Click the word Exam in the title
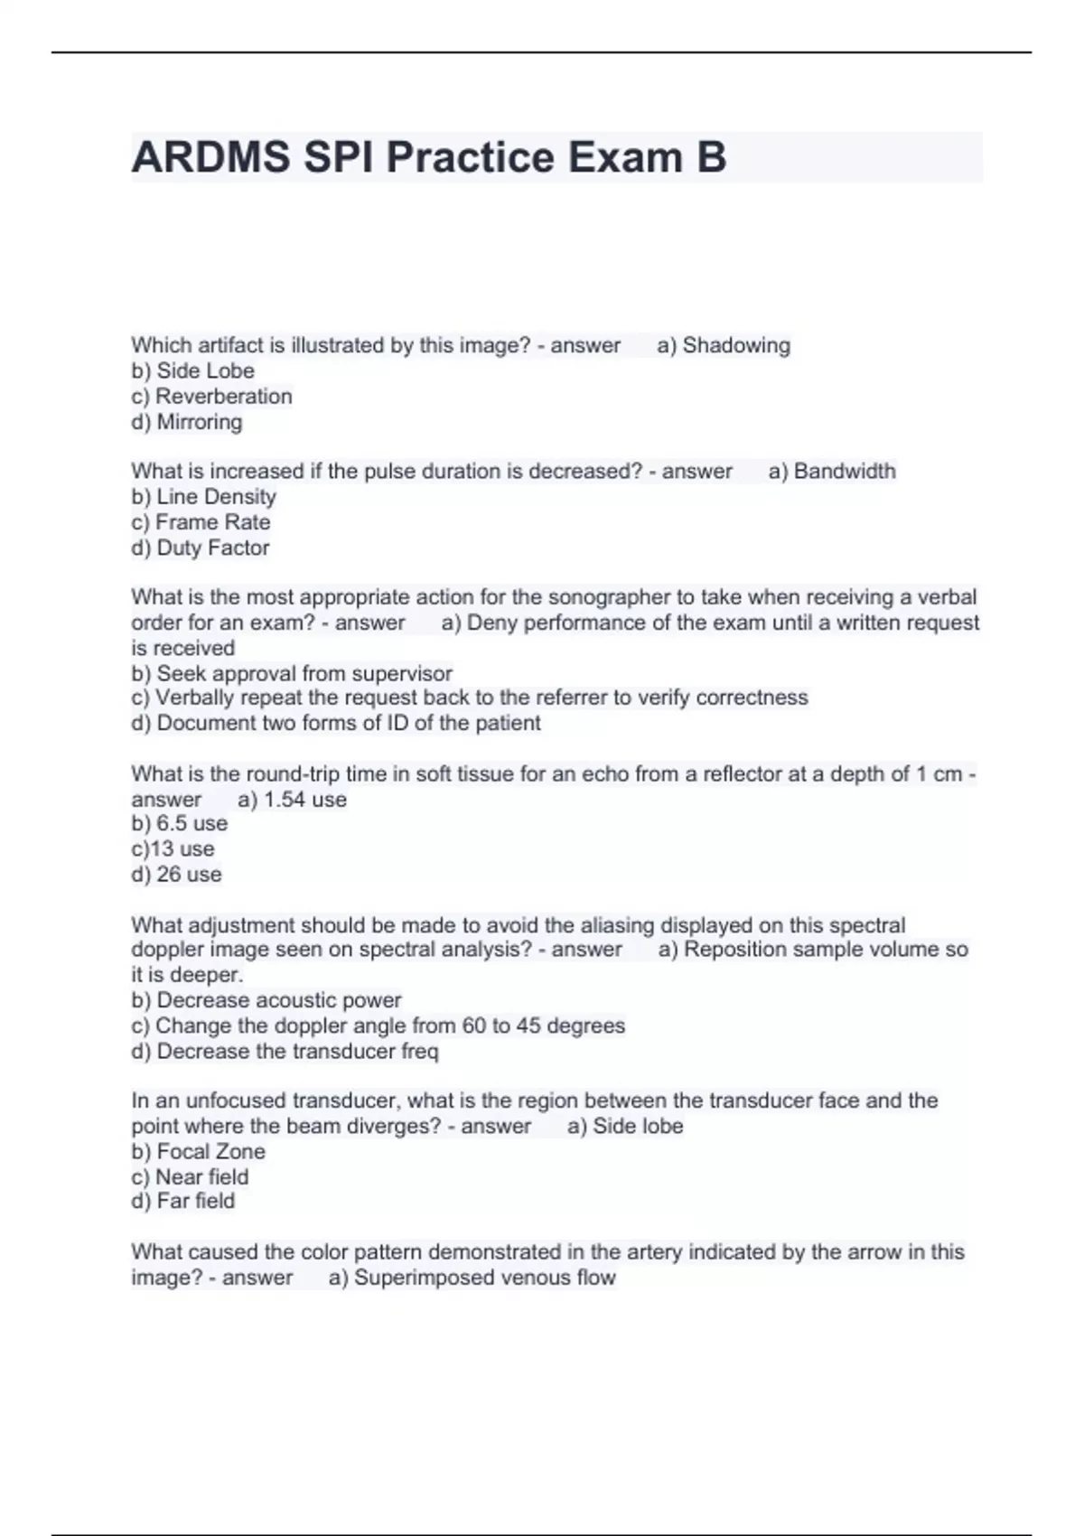coord(623,157)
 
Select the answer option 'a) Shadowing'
coord(724,345)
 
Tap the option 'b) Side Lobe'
coord(192,370)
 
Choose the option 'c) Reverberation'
coord(211,396)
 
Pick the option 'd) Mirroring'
coord(187,422)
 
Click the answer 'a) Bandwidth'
coord(832,471)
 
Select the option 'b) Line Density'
coord(203,496)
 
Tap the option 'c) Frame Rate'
coord(201,522)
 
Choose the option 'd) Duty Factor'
coord(201,548)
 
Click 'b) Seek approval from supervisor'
coord(292,673)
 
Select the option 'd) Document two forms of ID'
coord(336,723)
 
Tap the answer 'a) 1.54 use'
coord(292,800)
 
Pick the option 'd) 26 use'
coord(176,875)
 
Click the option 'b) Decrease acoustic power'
coord(266,1000)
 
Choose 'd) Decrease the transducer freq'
coord(285,1051)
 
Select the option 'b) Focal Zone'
coord(198,1151)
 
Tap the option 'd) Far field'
coord(182,1201)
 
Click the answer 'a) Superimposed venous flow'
coord(472,1278)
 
